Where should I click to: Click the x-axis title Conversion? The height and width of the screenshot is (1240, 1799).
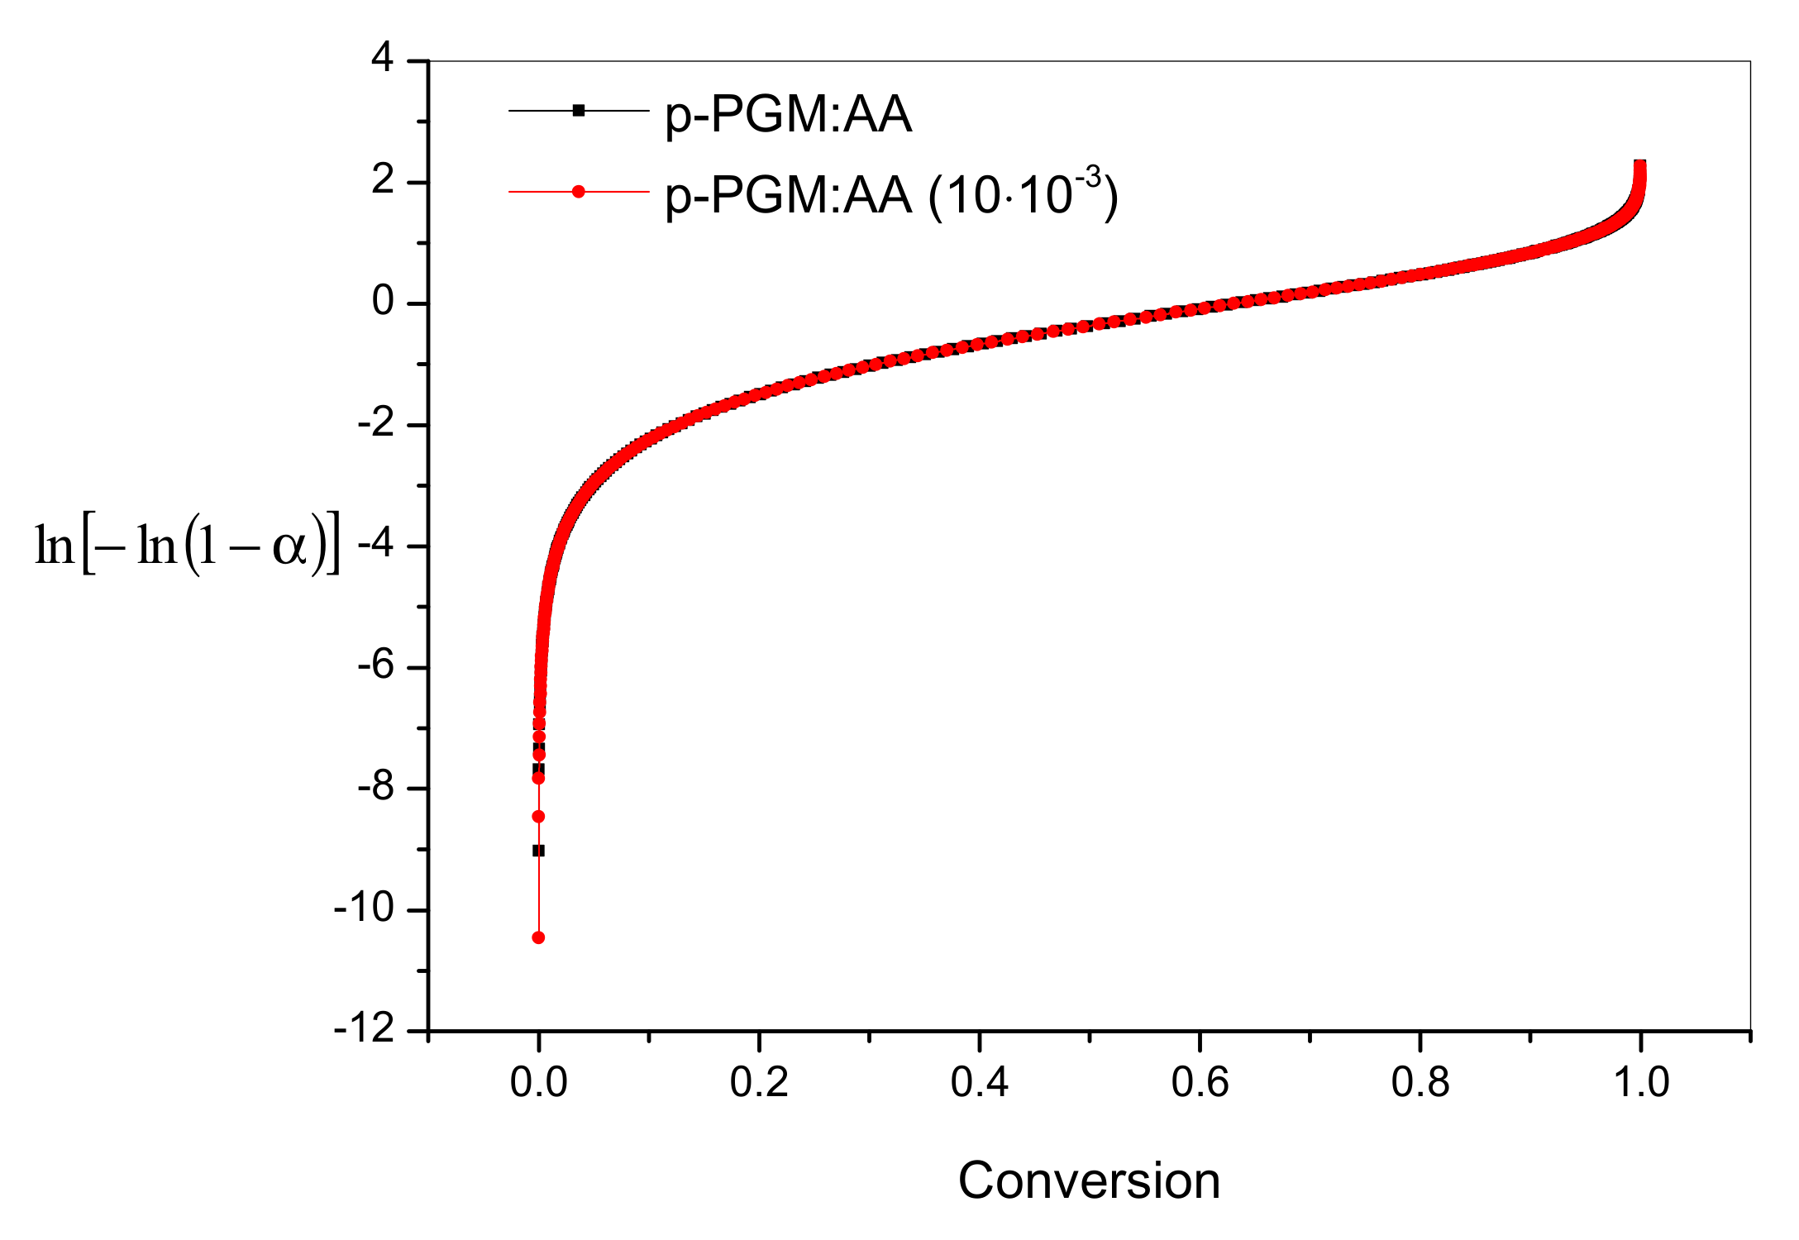(1089, 1180)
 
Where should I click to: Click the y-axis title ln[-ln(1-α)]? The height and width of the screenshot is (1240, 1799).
(187, 546)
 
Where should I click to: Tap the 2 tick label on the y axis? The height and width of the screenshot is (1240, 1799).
(382, 180)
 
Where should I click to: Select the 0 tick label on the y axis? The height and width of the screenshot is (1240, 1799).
(382, 302)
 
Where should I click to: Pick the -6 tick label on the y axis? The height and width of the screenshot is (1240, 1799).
(375, 665)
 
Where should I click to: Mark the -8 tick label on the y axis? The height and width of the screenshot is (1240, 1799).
(375, 787)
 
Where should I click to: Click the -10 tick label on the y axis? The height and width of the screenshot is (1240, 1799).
(365, 909)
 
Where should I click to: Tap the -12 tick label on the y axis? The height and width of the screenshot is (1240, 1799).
(365, 1030)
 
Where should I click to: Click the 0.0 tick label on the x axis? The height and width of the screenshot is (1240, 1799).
(538, 1082)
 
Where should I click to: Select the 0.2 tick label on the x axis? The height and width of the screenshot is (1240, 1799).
(759, 1082)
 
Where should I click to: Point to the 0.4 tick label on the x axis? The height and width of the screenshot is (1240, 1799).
(980, 1082)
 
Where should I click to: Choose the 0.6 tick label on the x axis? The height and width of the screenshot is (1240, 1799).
(1200, 1082)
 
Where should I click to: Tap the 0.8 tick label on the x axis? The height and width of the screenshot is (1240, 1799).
(1420, 1082)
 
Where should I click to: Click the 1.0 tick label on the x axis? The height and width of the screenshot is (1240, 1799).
(1641, 1082)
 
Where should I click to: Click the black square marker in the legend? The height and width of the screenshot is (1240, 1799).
(579, 110)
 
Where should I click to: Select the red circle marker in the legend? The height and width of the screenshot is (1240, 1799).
(579, 192)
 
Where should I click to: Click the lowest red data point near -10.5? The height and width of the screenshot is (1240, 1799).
(538, 937)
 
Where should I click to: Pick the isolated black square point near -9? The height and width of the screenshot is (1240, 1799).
(538, 851)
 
